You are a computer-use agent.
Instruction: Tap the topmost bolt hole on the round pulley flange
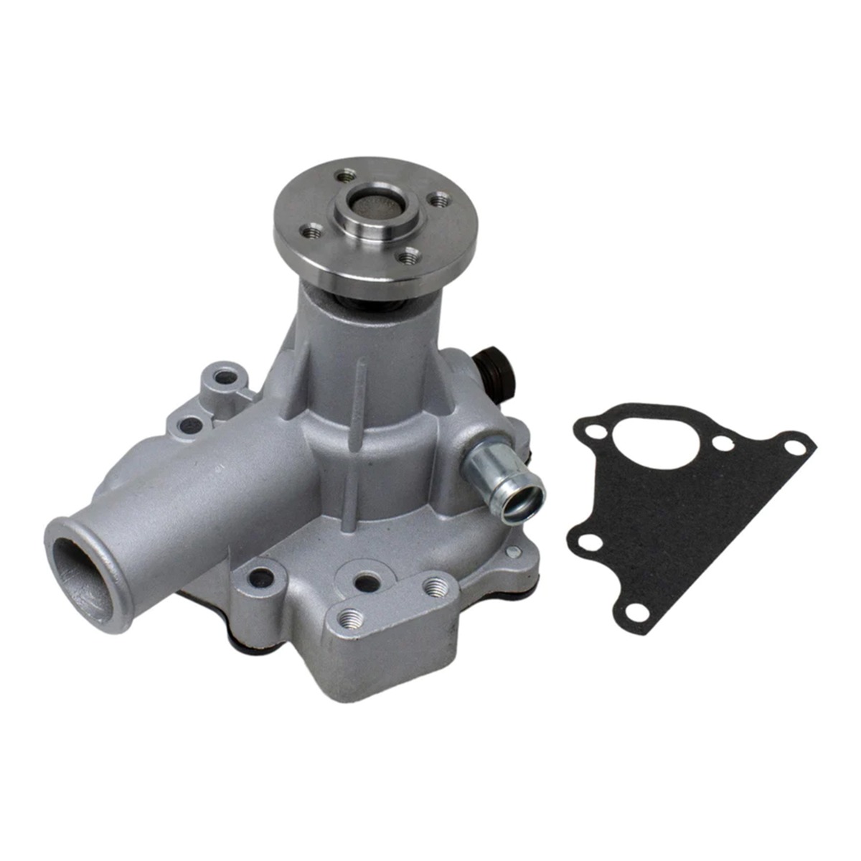[347, 174]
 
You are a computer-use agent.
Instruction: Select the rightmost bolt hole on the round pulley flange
[438, 197]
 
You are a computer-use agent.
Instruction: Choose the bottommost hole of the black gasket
[635, 611]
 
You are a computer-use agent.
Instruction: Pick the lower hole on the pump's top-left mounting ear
[189, 425]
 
